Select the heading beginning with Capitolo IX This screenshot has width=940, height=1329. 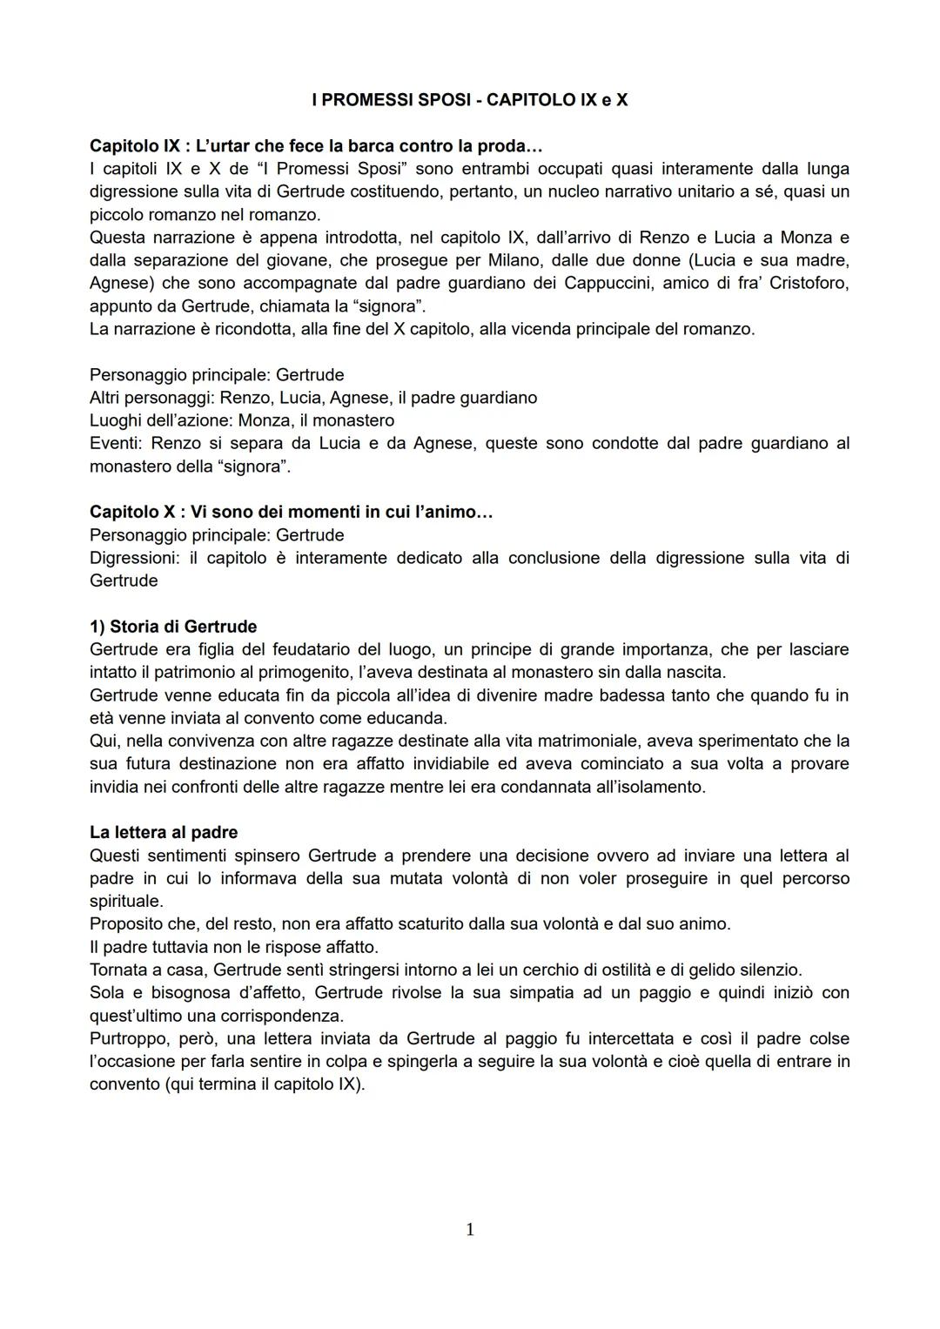click(x=316, y=145)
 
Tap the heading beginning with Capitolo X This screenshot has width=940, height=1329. click(x=291, y=512)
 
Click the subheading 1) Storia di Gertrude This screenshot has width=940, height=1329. click(x=173, y=627)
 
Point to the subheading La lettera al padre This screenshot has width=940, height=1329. click(x=164, y=832)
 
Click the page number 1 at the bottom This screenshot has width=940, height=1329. click(x=470, y=1229)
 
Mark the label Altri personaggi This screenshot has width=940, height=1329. click(x=151, y=398)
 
